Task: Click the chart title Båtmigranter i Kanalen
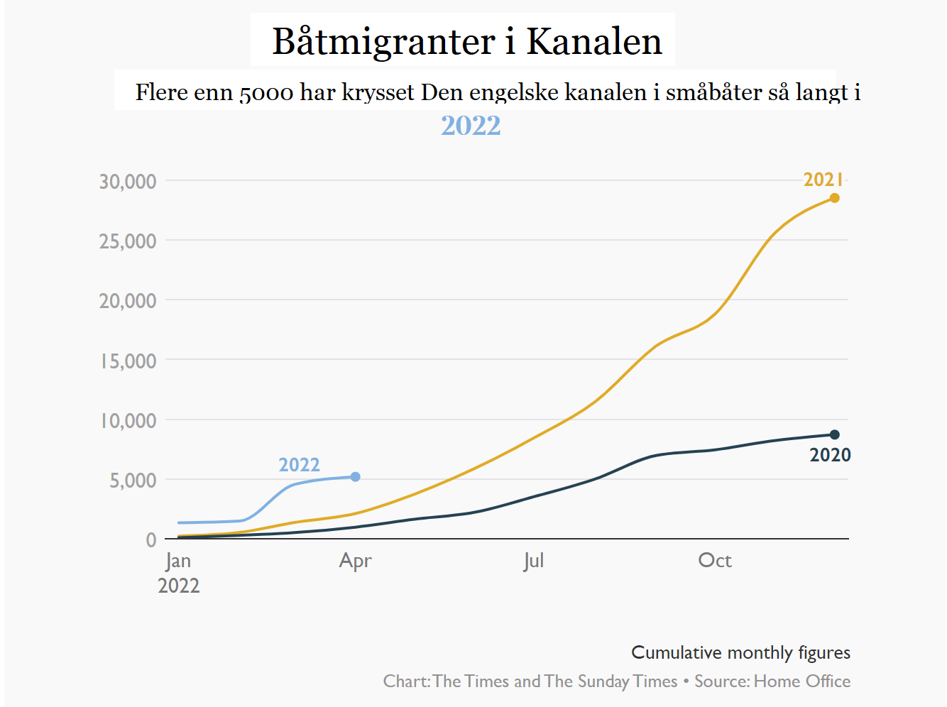pos(467,41)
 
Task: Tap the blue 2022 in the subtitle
pos(471,126)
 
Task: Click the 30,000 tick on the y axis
pos(128,182)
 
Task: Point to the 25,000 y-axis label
pos(128,241)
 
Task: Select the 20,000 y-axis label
pos(128,301)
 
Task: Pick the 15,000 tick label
pos(128,361)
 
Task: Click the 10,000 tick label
pos(128,420)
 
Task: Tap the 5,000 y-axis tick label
pos(133,481)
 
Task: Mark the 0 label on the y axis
pos(151,540)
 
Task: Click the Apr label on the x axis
pos(355,561)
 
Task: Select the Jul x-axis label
pos(534,561)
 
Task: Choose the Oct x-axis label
pos(715,561)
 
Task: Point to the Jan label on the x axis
pos(178,561)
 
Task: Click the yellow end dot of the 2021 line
pos(835,198)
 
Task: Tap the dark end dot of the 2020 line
pos(835,434)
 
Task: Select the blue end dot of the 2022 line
pos(356,477)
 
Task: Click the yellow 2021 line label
pos(823,180)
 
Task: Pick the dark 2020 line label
pos(830,455)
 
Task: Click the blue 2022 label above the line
pos(299,465)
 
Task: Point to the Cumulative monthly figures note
pos(740,652)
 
